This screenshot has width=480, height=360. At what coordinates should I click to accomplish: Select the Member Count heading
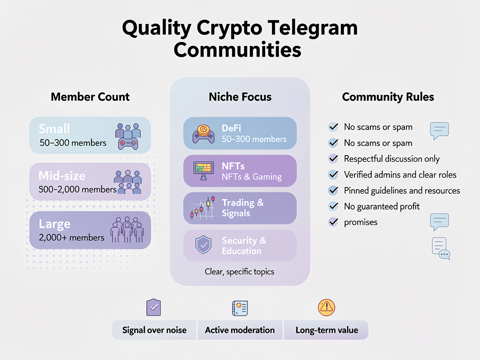90,97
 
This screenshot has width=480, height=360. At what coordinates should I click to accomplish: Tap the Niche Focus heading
240,97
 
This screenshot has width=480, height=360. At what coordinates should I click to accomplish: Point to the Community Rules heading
388,97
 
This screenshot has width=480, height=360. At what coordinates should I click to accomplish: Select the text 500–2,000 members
78,190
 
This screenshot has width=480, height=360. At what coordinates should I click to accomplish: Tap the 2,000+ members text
72,237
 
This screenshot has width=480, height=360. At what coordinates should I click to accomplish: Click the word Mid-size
62,176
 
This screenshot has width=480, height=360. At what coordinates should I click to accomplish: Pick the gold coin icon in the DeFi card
204,130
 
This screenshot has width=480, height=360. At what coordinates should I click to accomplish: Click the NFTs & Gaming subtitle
252,177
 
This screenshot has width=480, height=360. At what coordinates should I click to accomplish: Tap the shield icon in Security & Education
203,245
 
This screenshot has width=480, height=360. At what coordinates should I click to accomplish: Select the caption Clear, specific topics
240,271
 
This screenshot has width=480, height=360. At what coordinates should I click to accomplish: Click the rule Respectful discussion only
392,159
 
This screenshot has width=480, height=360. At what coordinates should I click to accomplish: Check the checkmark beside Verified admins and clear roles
333,175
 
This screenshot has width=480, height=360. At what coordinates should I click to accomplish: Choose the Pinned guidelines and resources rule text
402,191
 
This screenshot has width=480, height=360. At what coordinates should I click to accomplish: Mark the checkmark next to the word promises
333,222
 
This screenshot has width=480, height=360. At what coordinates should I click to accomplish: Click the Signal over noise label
154,330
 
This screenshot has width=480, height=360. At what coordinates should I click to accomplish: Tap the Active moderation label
240,330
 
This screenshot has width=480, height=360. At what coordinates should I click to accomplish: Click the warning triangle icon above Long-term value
326,307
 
